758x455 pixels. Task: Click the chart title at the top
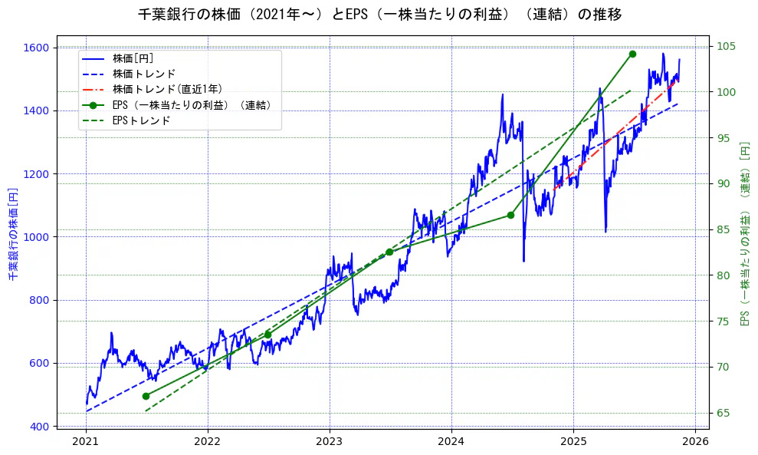point(379,15)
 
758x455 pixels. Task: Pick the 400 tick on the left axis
point(41,427)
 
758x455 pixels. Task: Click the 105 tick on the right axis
point(724,46)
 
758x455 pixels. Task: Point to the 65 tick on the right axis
point(721,413)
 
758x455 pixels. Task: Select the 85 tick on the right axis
point(721,229)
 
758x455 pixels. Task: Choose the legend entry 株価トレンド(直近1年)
point(167,89)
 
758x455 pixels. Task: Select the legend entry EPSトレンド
point(141,120)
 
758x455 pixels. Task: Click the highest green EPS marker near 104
point(632,54)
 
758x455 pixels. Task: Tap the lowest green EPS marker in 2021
point(146,396)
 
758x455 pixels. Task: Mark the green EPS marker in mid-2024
point(510,215)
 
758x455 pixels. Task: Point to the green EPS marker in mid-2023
point(389,252)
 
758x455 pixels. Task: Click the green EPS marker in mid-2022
point(267,335)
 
